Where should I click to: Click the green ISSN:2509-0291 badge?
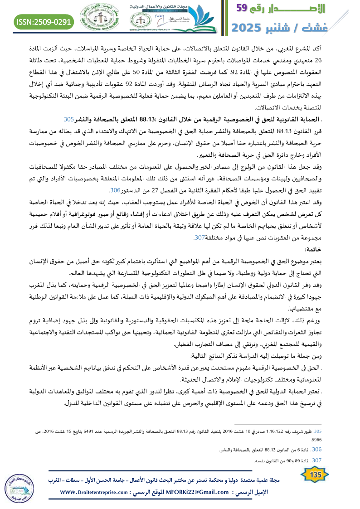[44, 22]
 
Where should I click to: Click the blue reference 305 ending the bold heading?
[69, 120]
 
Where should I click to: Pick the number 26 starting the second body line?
[344, 61]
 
